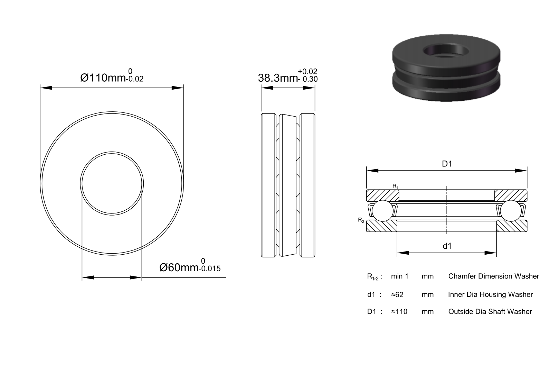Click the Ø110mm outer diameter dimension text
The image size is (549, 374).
pos(103,78)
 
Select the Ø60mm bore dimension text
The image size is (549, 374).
pos(179,267)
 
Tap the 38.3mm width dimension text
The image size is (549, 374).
pos(278,78)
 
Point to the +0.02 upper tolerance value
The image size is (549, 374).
pos(307,71)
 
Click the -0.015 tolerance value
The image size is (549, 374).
pos(210,269)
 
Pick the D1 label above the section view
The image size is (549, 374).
pos(447,164)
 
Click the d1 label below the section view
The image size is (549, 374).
pos(447,246)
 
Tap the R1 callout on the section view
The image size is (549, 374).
pos(395,186)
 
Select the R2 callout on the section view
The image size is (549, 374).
pos(361,220)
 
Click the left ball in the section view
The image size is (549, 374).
pos(382,211)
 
